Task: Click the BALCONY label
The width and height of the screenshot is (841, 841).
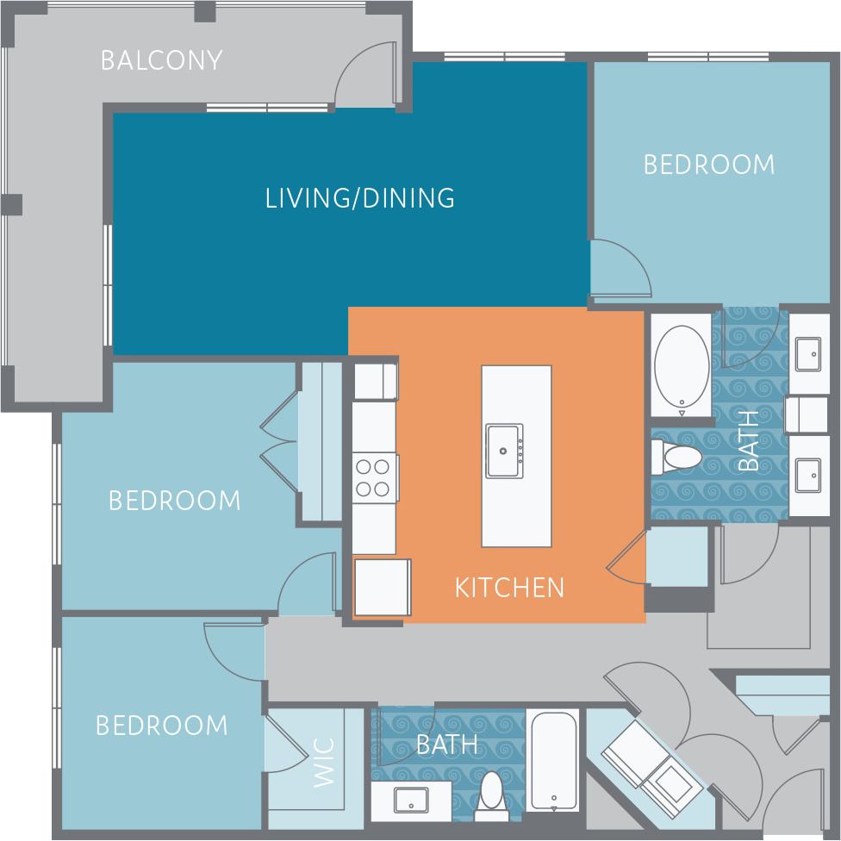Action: [x=161, y=60]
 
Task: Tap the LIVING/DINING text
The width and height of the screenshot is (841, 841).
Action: [x=360, y=198]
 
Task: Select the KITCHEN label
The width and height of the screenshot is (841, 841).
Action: [x=509, y=588]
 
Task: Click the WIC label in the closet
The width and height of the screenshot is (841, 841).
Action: [x=323, y=762]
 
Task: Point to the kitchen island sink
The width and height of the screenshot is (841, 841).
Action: [x=504, y=450]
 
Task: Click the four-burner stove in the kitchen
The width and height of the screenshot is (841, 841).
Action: [x=374, y=478]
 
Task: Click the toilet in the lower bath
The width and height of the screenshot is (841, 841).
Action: [x=492, y=790]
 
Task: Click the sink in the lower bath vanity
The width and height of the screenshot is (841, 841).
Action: [x=411, y=800]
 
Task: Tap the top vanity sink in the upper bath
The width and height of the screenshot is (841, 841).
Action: [x=809, y=351]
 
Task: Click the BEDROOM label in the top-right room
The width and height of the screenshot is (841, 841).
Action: [x=708, y=165]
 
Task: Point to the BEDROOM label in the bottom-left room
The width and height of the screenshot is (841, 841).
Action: [x=161, y=726]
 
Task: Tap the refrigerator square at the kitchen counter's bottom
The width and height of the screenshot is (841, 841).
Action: [x=382, y=587]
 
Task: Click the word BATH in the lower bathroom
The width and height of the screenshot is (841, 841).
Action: [x=447, y=744]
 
